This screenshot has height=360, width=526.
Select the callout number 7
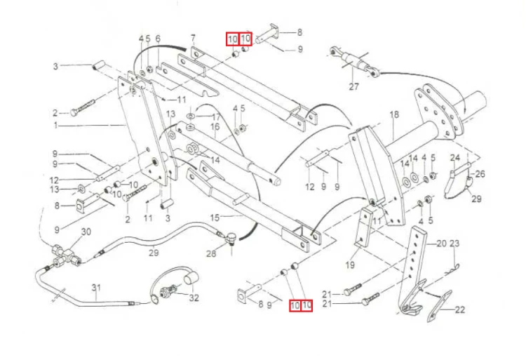[192, 38]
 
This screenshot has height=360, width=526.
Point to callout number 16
[215, 126]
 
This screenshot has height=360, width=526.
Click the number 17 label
[217, 116]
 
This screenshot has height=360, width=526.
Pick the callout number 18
[393, 114]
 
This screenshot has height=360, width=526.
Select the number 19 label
[350, 265]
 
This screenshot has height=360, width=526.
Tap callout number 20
[441, 244]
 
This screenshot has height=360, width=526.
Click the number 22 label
[460, 309]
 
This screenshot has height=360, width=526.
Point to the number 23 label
[454, 244]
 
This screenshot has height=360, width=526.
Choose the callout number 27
[353, 87]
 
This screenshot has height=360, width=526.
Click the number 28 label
[210, 253]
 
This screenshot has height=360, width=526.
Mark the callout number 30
[86, 232]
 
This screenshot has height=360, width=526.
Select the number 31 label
[96, 288]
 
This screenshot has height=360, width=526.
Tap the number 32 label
[194, 298]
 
